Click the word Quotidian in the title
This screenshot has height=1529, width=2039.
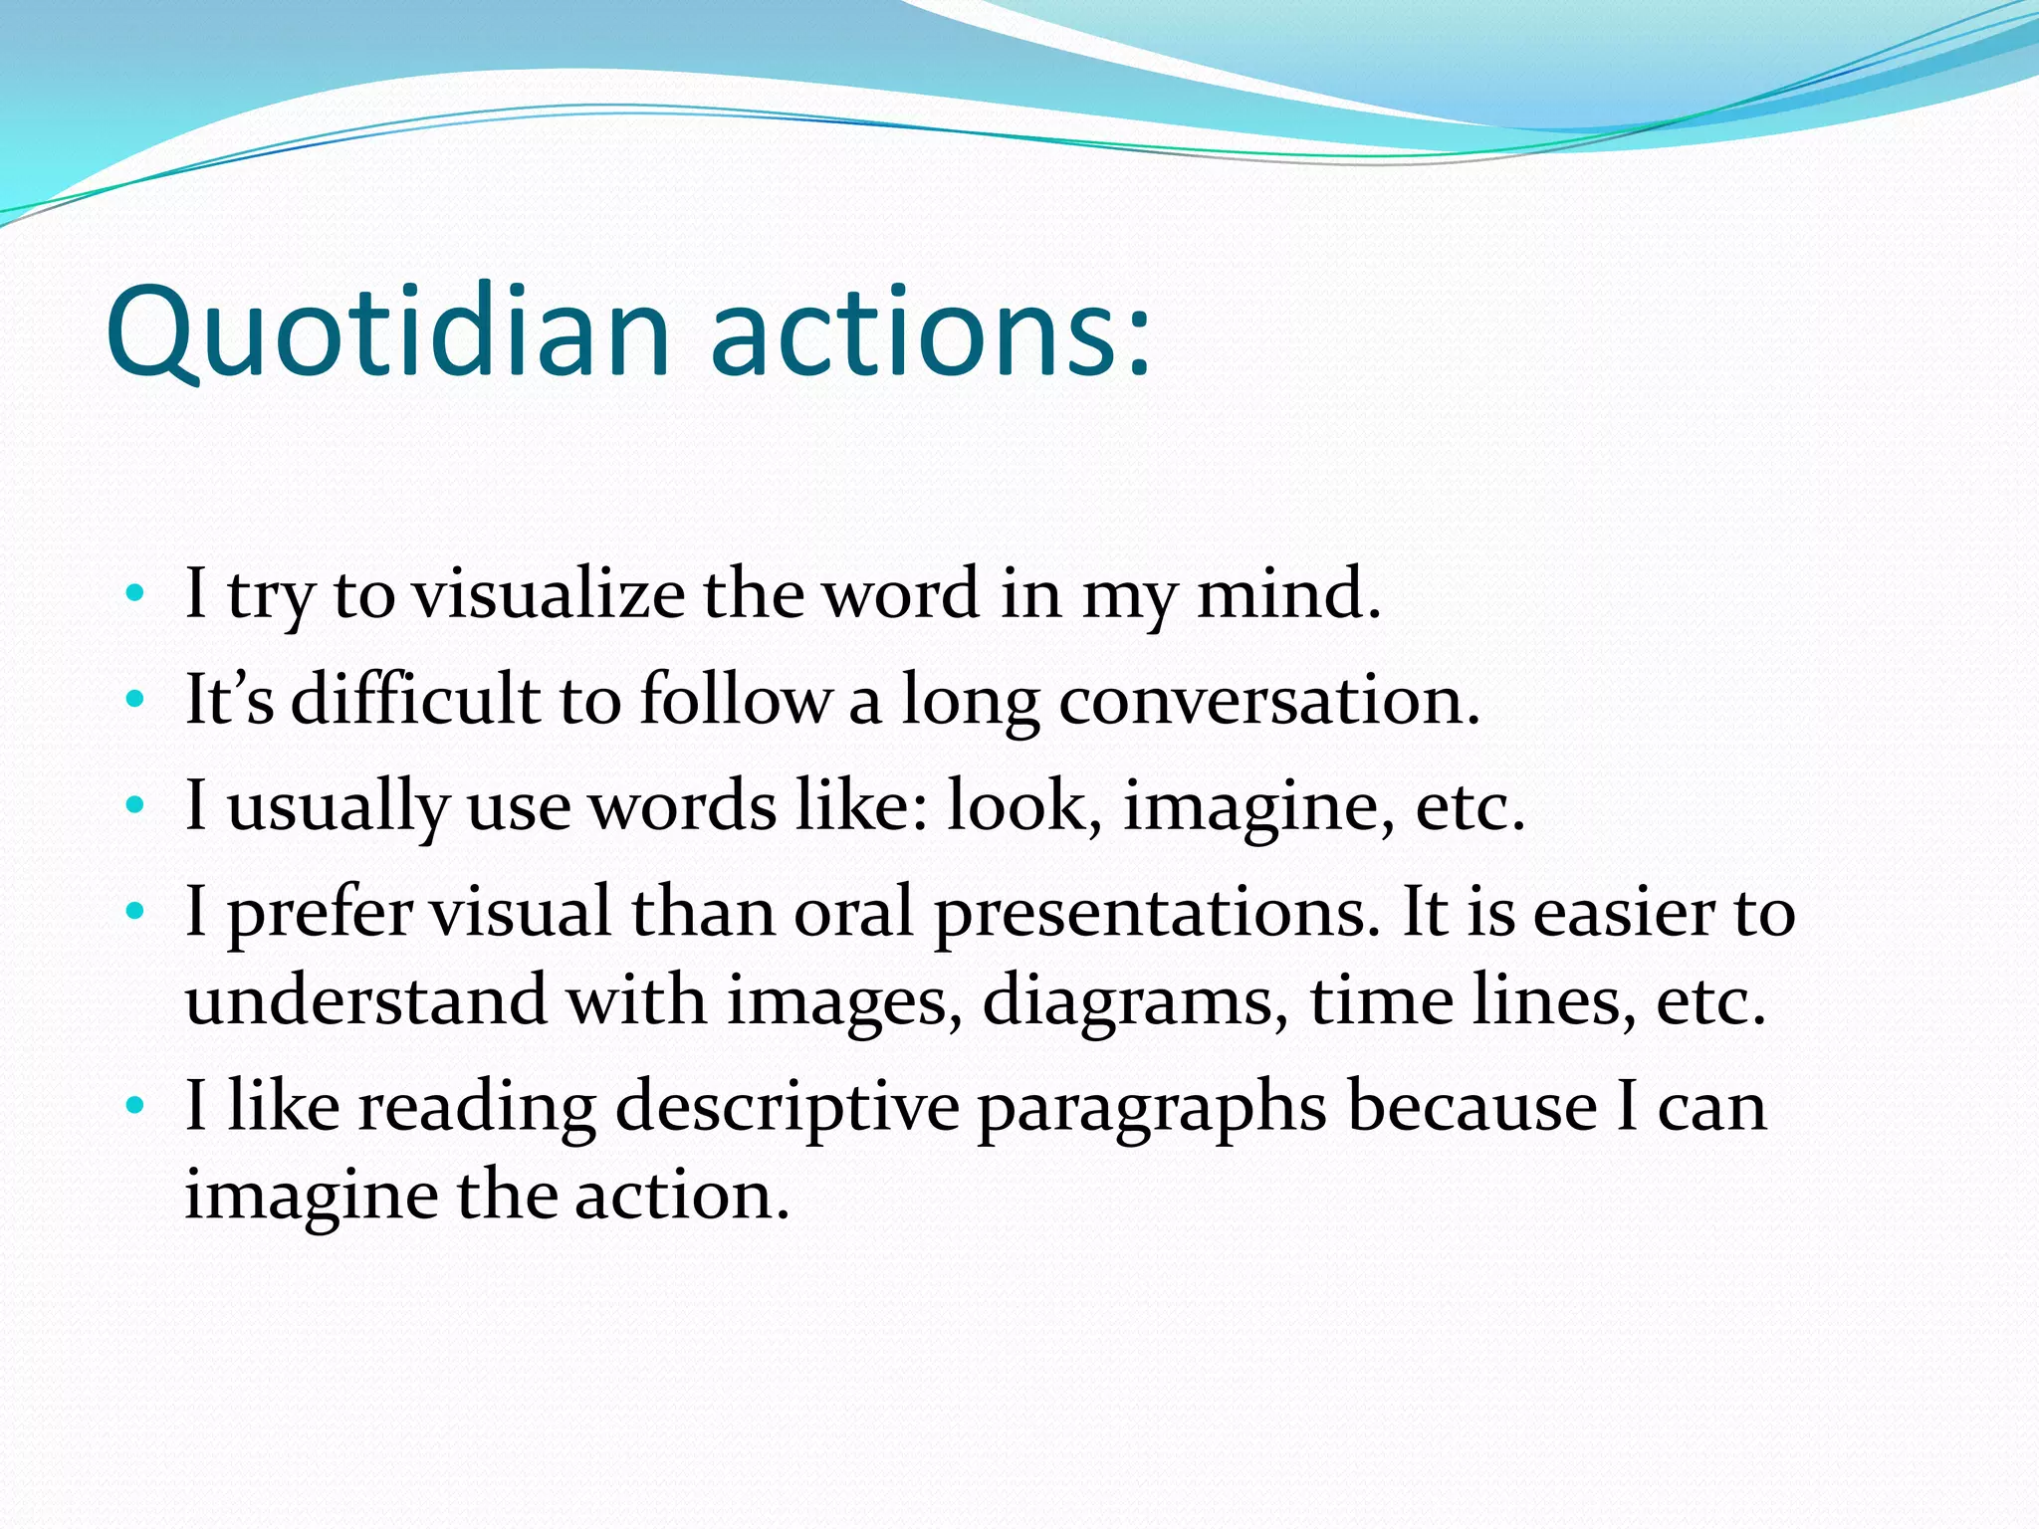click(x=388, y=331)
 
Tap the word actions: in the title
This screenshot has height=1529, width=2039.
click(x=931, y=331)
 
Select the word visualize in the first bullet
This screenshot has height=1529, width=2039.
click(x=549, y=594)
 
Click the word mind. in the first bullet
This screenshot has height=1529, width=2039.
click(x=1288, y=594)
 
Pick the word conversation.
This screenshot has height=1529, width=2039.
click(x=1269, y=700)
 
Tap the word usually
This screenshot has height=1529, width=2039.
click(x=338, y=806)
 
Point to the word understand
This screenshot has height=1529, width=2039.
click(x=365, y=999)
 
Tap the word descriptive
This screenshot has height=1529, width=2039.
click(x=787, y=1107)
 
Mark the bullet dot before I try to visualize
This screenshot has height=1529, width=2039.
click(x=135, y=595)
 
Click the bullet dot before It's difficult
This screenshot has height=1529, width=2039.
click(x=135, y=700)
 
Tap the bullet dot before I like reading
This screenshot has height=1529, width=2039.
click(x=135, y=1106)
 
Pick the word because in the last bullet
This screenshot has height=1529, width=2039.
click(x=1473, y=1106)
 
